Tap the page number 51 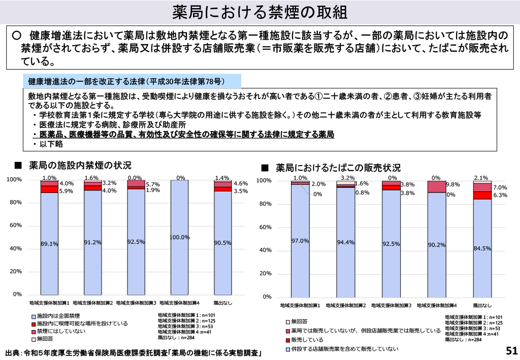click(x=511, y=350)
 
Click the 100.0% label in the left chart click(x=179, y=237)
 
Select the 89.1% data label click(x=49, y=244)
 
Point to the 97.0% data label click(x=300, y=241)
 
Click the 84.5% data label click(x=482, y=248)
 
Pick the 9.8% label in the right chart click(x=452, y=185)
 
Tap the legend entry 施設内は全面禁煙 click(x=58, y=316)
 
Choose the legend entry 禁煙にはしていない click(x=61, y=331)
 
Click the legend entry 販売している click(x=307, y=340)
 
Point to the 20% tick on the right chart click(x=266, y=274)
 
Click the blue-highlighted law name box click(x=132, y=81)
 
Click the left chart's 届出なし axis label click(x=222, y=303)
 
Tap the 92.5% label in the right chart click(x=391, y=244)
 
